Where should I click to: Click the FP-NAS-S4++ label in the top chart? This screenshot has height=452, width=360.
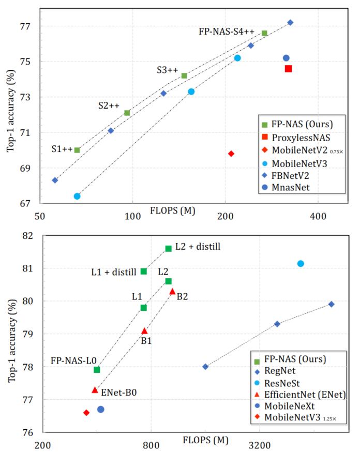coord(226,32)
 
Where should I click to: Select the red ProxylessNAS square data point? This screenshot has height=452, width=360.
coord(288,68)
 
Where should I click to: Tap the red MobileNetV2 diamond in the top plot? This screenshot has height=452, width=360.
coord(231,154)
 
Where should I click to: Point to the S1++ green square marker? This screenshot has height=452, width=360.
coord(77,150)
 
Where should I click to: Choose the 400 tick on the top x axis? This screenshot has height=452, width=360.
coord(317,215)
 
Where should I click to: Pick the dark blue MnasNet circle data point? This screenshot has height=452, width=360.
coord(286,58)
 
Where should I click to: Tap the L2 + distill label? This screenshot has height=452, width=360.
coord(198,247)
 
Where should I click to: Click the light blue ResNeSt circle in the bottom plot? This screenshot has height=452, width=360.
coord(301,264)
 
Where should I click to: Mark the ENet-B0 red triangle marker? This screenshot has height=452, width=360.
coord(95,390)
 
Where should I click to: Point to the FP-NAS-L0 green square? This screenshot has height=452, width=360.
coord(97,370)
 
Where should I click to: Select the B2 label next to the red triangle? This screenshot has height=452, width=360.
coord(182,296)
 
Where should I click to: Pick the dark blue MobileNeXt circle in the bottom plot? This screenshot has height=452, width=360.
coord(101,409)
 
